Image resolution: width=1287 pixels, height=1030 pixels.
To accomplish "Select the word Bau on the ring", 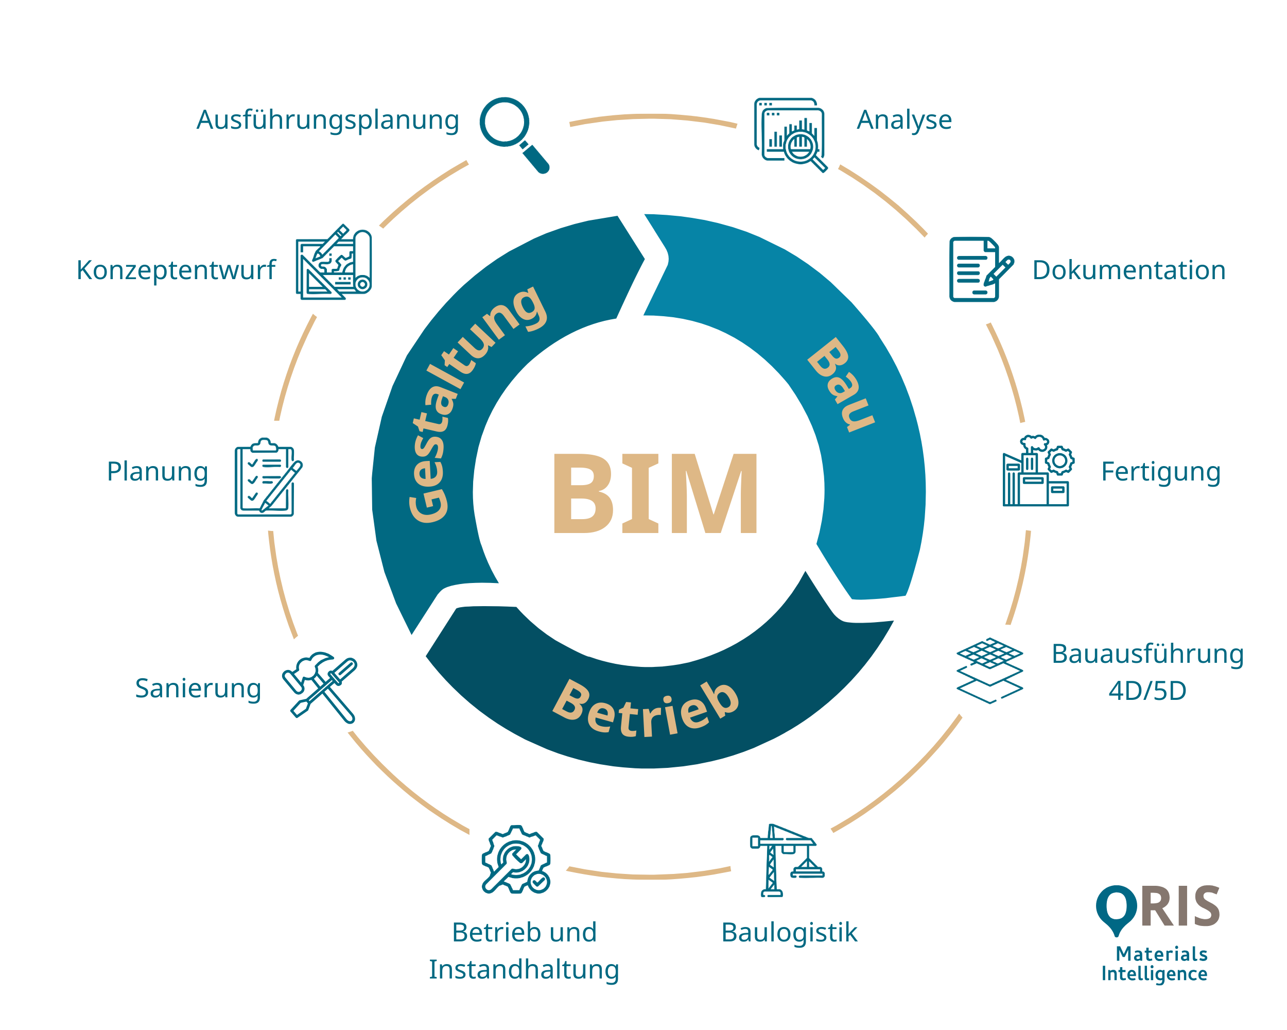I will tap(841, 385).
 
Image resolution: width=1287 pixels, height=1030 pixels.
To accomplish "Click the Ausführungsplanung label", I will tap(328, 120).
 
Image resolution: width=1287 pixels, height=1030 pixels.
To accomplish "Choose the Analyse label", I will tap(904, 120).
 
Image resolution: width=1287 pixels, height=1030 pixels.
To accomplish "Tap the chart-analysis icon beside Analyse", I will tap(790, 134).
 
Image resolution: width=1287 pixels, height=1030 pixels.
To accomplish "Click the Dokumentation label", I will tap(1129, 270).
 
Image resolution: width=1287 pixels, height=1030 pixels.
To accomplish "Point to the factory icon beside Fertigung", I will tap(1037, 471).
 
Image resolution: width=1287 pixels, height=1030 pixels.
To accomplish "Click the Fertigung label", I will tap(1160, 472).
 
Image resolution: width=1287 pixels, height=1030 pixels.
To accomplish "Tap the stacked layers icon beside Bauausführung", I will tap(989, 671).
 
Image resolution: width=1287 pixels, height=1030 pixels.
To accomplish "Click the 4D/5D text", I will tap(1147, 691).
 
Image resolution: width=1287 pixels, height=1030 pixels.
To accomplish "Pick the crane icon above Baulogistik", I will tap(786, 861).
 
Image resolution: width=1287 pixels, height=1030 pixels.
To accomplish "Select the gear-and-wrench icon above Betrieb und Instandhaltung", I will tap(516, 860).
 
